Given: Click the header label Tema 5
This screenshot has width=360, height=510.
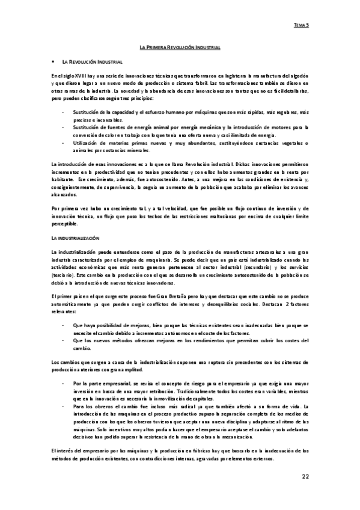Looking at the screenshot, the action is [301, 26].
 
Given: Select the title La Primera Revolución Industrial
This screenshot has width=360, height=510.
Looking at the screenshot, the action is [180, 46].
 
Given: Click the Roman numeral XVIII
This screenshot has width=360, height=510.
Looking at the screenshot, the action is [80, 75].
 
